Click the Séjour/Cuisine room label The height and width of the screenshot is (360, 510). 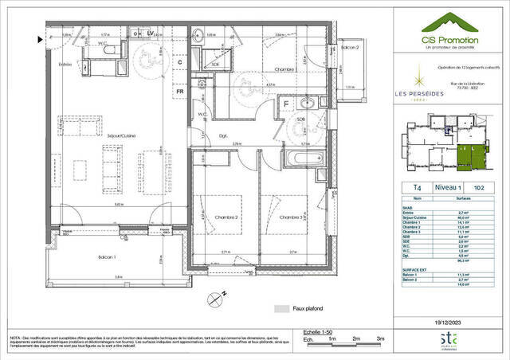(x=119, y=136)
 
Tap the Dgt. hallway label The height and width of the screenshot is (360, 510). (x=224, y=136)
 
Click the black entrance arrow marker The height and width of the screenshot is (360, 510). (x=37, y=38)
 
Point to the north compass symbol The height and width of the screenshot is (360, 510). (x=212, y=300)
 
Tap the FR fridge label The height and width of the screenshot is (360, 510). (x=181, y=91)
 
